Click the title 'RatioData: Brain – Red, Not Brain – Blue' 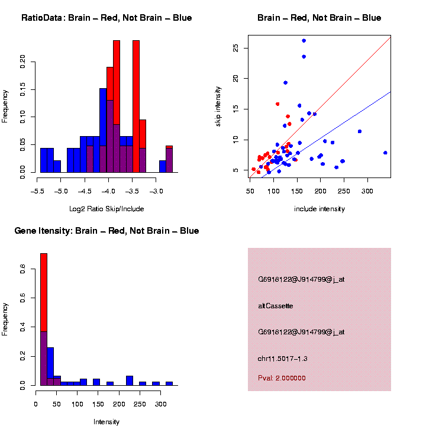pyautogui.click(x=106, y=18)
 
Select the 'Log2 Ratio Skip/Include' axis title pyautogui.click(x=106, y=208)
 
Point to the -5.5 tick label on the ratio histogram pyautogui.click(x=37, y=192)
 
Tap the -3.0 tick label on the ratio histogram pyautogui.click(x=156, y=192)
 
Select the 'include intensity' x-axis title pyautogui.click(x=319, y=209)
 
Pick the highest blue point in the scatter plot pyautogui.click(x=304, y=40)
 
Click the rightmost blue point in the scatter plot pyautogui.click(x=385, y=153)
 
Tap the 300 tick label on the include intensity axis pyautogui.click(x=367, y=192)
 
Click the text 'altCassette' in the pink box pyautogui.click(x=276, y=306)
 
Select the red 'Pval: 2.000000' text pyautogui.click(x=282, y=377)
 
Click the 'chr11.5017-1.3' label pyautogui.click(x=283, y=359)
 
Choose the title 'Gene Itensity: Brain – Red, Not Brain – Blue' pyautogui.click(x=106, y=231)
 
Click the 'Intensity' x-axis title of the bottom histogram pyautogui.click(x=106, y=422)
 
